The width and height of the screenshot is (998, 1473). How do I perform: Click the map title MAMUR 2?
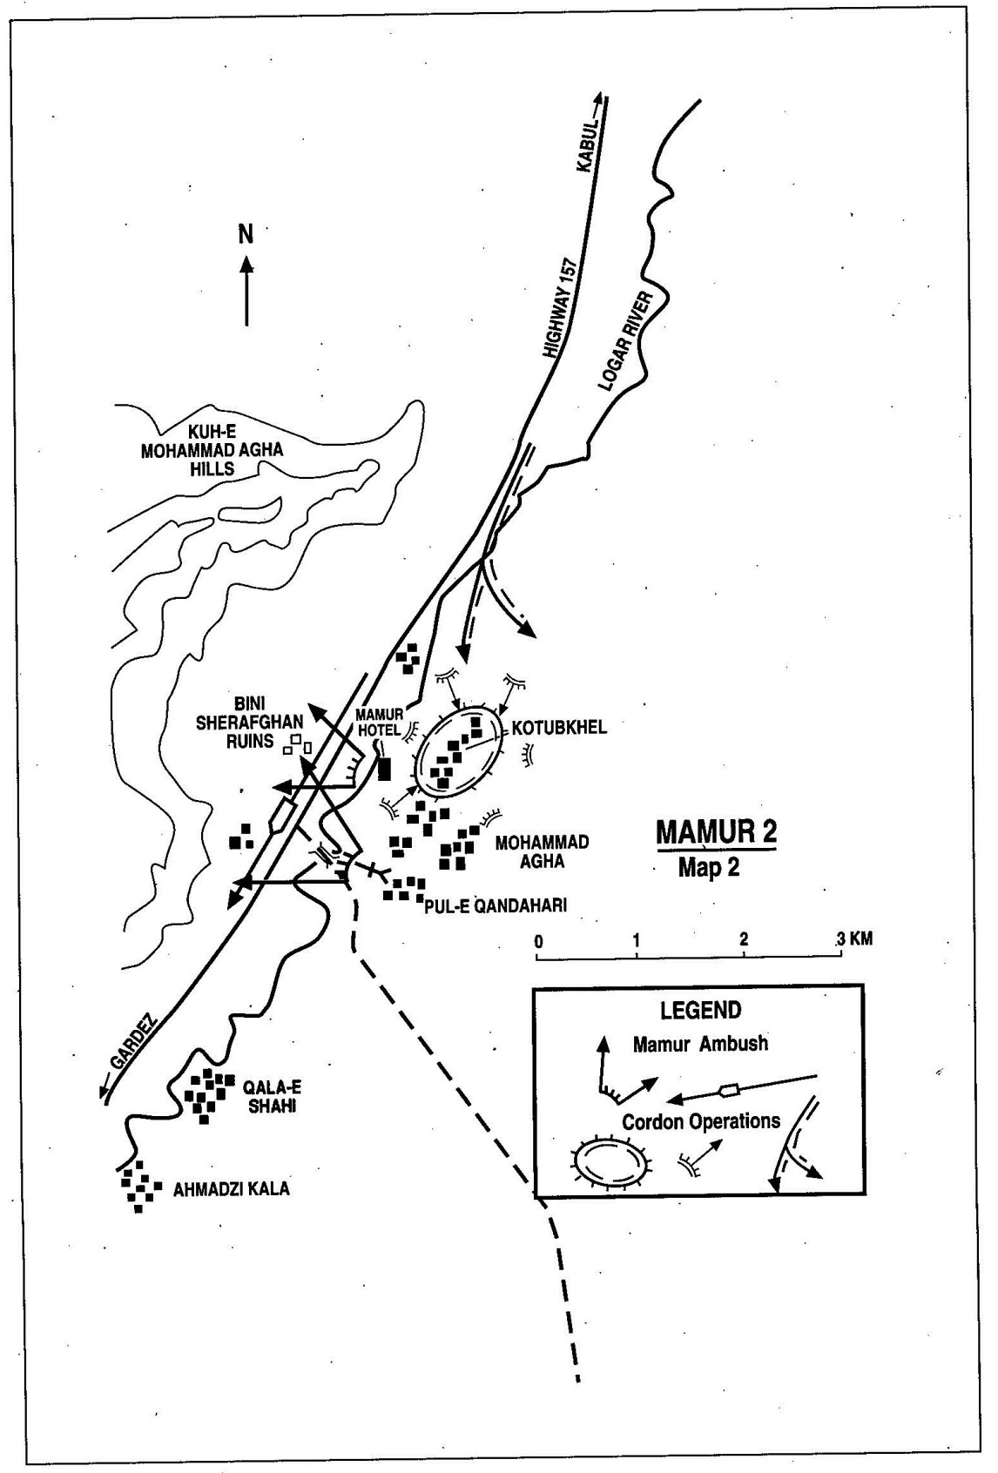click(x=716, y=831)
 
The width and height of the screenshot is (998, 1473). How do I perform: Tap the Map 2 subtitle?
click(x=709, y=867)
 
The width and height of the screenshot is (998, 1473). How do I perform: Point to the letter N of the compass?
click(x=246, y=233)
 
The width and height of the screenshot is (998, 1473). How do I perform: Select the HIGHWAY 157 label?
click(x=561, y=308)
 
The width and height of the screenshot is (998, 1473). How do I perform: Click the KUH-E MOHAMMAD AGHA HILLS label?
click(x=212, y=450)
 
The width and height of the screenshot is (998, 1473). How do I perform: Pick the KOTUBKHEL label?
click(x=559, y=727)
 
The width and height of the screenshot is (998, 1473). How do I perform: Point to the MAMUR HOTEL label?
click(x=379, y=722)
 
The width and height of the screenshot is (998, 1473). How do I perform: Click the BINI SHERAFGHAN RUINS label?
click(x=249, y=723)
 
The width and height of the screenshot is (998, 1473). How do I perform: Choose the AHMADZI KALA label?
click(x=231, y=1189)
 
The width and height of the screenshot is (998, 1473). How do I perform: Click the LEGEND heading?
click(x=701, y=1009)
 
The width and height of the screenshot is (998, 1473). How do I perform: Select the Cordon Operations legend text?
click(x=701, y=1121)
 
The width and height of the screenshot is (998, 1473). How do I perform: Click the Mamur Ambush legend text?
click(x=701, y=1044)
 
